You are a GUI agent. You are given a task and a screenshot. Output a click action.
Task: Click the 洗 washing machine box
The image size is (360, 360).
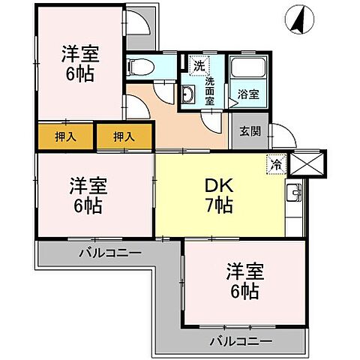pos(199,64)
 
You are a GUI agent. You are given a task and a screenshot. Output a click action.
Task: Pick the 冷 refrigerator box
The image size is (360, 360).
pos(274,162)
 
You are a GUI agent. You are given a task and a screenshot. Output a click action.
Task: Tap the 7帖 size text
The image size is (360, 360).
pos(220,205)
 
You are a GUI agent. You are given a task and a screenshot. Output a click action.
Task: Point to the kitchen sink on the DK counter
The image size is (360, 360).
pos(294,197)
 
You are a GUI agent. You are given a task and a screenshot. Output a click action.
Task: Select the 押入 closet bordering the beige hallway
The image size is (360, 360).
pos(124,136)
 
